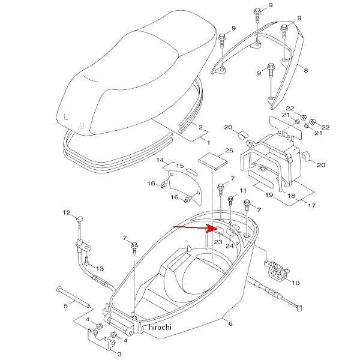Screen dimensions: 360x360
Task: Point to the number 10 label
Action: click(x=295, y=282)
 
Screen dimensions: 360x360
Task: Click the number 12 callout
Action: click(x=67, y=212)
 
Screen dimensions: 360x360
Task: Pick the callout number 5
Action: click(x=65, y=307)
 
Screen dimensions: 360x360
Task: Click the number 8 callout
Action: click(x=305, y=71)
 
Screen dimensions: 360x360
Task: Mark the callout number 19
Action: click(x=270, y=195)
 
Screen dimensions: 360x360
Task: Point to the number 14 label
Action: click(x=161, y=160)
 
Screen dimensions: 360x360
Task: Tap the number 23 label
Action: click(x=218, y=242)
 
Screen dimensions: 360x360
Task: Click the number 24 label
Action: click(x=230, y=246)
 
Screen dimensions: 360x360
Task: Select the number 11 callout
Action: click(x=242, y=190)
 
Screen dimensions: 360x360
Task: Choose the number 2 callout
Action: click(x=200, y=128)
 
